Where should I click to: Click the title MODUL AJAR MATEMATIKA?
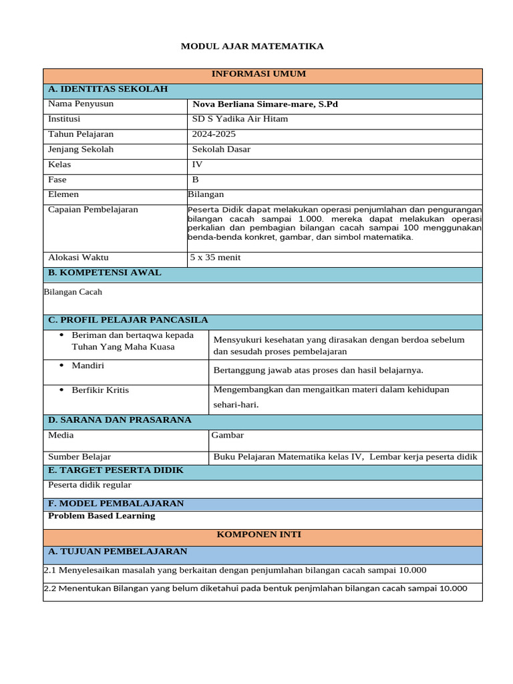tap(252, 46)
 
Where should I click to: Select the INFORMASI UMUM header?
tap(259, 74)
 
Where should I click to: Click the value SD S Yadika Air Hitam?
tap(240, 119)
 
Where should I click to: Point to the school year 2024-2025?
tap(214, 134)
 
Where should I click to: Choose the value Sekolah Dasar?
tap(221, 150)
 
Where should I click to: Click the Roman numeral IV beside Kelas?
tap(197, 164)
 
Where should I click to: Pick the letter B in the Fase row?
tap(196, 180)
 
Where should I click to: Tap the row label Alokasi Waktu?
tap(78, 258)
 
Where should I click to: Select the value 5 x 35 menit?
tap(215, 258)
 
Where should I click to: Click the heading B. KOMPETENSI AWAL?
tap(104, 273)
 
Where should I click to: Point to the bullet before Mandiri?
tap(61, 365)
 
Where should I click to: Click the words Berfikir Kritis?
tap(100, 390)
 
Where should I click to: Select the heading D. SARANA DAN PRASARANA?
tap(120, 420)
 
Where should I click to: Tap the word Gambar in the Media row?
tap(228, 436)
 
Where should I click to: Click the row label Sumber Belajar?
tap(79, 457)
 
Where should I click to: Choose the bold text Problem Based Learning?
tap(102, 516)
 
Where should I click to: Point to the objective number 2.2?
tap(50, 588)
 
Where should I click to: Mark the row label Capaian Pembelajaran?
tap(93, 210)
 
